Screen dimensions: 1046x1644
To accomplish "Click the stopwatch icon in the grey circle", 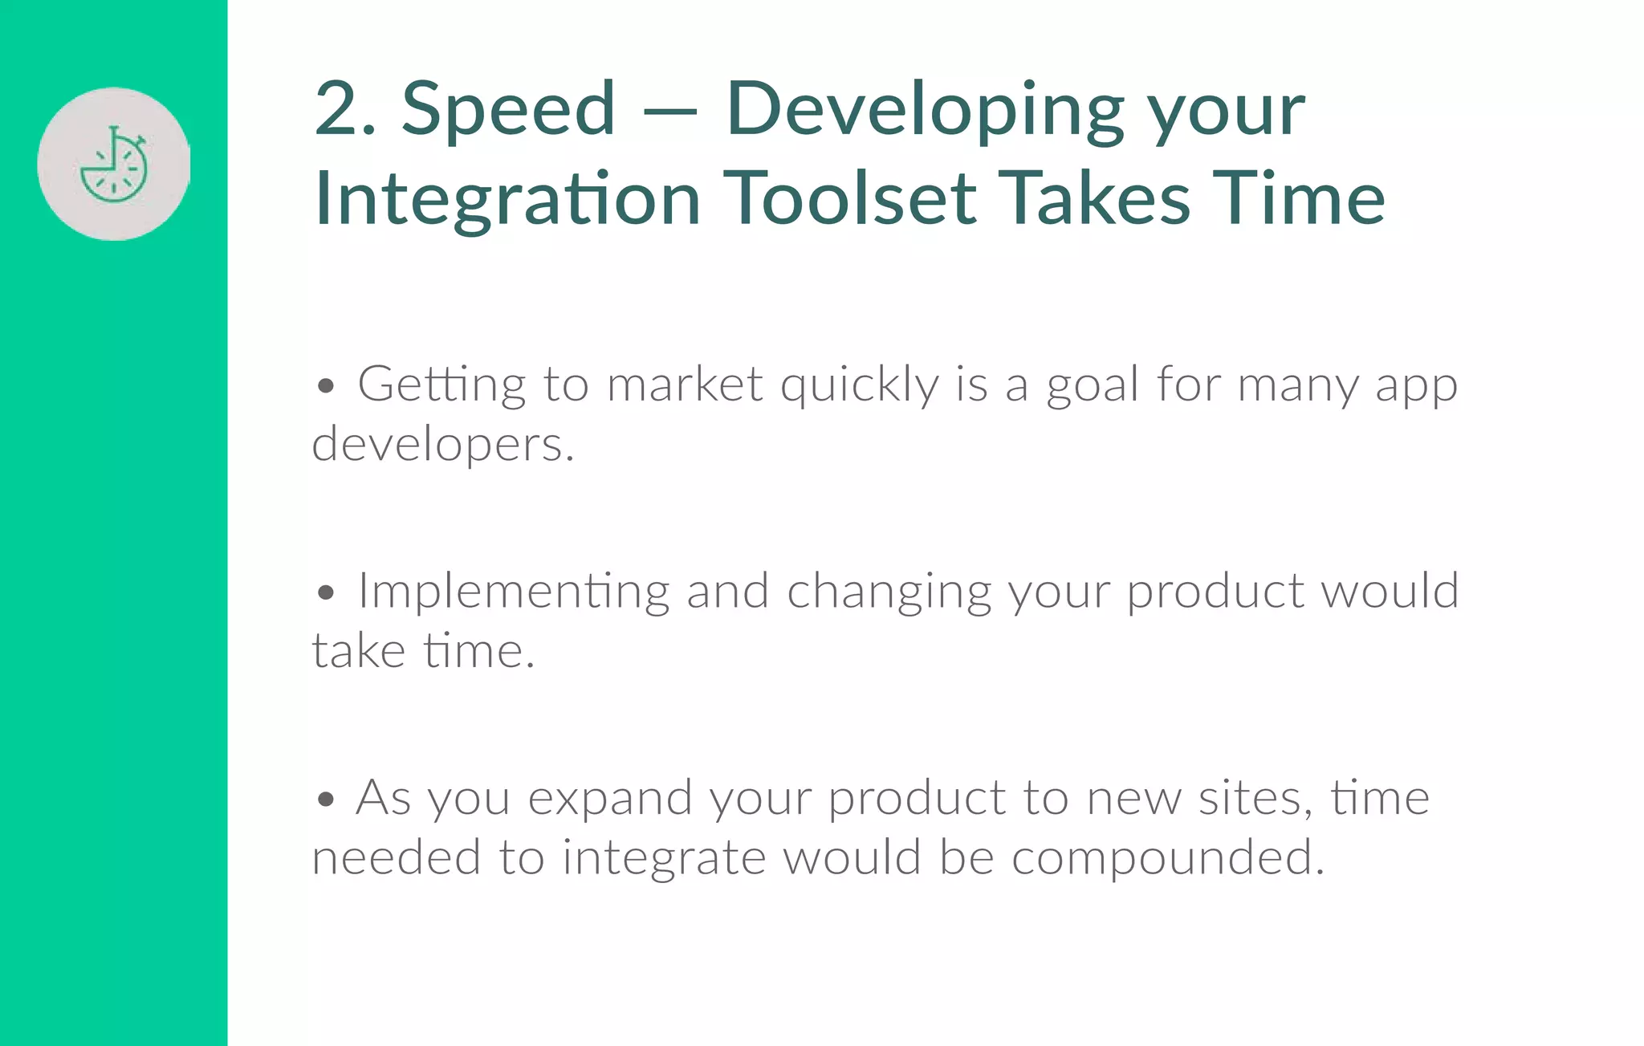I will click(114, 165).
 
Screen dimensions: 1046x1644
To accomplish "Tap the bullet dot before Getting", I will click(325, 386).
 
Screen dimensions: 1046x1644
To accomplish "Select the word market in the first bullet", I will click(684, 385).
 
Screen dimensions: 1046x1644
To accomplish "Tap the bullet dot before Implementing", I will click(325, 593).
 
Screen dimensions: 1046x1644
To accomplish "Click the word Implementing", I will click(513, 592).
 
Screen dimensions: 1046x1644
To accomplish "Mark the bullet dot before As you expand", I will click(325, 800).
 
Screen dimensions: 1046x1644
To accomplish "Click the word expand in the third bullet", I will click(610, 800).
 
